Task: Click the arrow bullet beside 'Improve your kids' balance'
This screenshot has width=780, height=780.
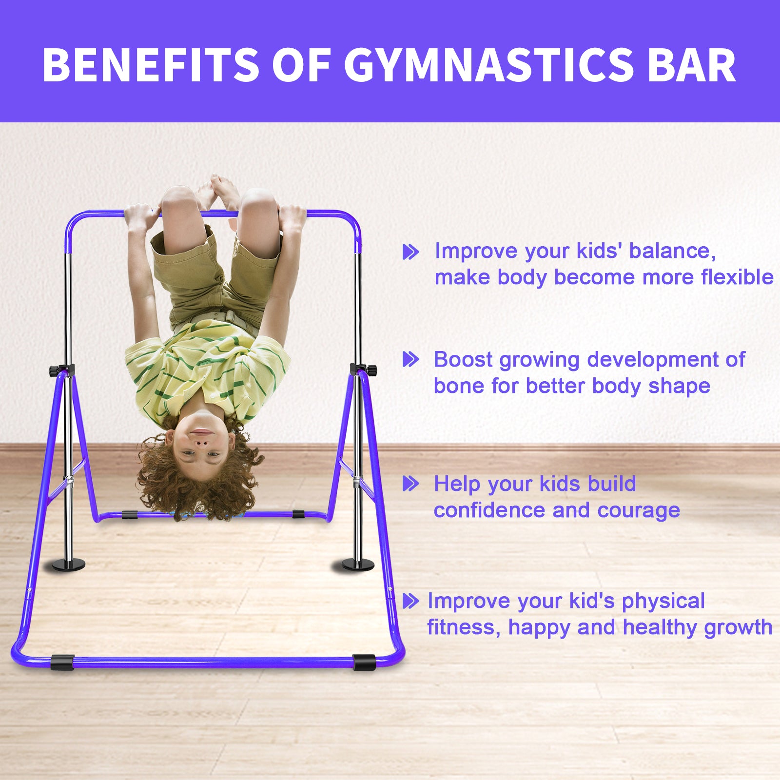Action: pyautogui.click(x=410, y=252)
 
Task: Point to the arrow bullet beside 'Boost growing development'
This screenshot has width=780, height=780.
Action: pyautogui.click(x=410, y=360)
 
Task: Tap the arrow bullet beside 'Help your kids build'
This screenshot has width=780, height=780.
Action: pyautogui.click(x=410, y=484)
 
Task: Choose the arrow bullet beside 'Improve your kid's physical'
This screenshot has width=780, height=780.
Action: pyautogui.click(x=410, y=601)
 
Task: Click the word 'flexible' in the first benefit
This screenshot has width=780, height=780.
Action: pyautogui.click(x=737, y=277)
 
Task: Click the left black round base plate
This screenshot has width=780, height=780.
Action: pyautogui.click(x=68, y=565)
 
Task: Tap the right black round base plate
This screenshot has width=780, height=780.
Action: pyautogui.click(x=357, y=565)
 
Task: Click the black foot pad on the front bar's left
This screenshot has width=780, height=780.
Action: pyautogui.click(x=62, y=662)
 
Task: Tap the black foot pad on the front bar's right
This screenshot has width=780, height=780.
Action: pyautogui.click(x=364, y=662)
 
